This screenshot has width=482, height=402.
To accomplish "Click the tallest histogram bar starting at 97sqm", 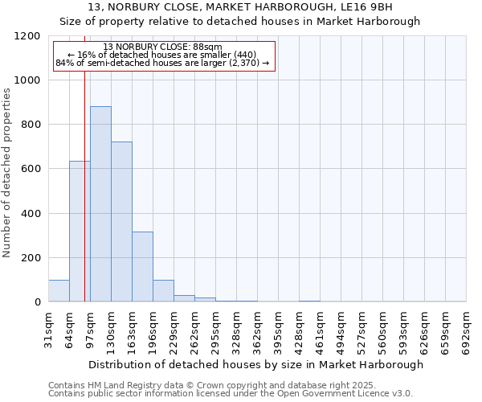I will (x=100, y=204).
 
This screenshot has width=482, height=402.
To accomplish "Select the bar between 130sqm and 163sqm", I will (x=121, y=222).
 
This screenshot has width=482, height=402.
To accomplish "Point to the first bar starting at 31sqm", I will (x=59, y=291).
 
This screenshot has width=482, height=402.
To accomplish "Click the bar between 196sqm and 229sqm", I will (x=163, y=291).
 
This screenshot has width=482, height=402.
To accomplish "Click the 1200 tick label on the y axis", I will (x=27, y=36).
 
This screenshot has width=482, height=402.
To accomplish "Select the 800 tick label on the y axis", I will (x=30, y=125).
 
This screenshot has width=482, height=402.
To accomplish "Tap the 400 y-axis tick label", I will (x=30, y=214).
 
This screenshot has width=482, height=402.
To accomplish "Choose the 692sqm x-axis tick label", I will (x=466, y=327).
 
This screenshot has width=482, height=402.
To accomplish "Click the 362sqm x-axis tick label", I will (x=257, y=327).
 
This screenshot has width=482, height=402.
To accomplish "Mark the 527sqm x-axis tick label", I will (x=361, y=327).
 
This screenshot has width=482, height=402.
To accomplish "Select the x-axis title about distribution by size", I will (x=255, y=364).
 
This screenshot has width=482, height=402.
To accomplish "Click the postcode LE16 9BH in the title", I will (x=368, y=6).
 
